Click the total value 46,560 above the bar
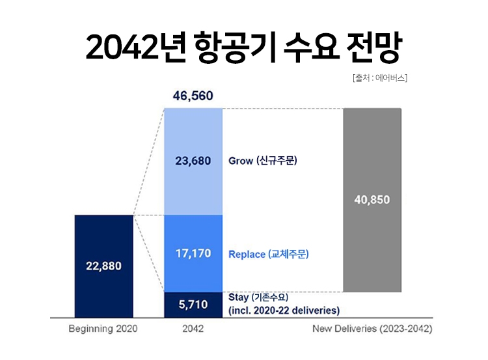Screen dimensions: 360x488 (x=193, y=96)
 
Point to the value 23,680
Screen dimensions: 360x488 (x=193, y=161)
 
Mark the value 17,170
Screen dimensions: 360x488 (x=193, y=253)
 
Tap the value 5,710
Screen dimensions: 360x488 (x=193, y=303)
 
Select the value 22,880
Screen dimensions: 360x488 (x=104, y=266)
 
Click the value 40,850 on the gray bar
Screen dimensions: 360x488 (x=372, y=200)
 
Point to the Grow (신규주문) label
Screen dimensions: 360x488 (x=263, y=161)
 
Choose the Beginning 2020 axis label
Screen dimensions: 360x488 (x=103, y=329)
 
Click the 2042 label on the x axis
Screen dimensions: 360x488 (x=193, y=329)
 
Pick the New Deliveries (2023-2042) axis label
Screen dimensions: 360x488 (x=372, y=329)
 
